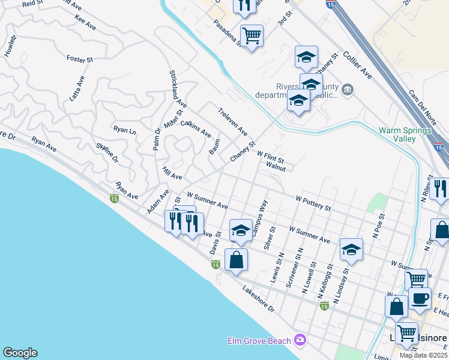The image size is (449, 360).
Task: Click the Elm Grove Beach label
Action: (259, 341)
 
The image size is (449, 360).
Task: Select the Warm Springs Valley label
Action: (405, 134)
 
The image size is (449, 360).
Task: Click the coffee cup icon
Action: (420, 298)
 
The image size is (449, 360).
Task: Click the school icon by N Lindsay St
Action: (351, 249)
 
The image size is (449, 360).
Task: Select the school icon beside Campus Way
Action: (241, 230)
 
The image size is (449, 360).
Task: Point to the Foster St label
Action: (80, 59)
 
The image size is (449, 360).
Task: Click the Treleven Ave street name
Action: (233, 121)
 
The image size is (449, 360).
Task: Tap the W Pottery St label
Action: (313, 203)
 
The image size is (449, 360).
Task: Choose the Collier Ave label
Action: (357, 65)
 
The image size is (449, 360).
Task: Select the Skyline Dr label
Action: (107, 153)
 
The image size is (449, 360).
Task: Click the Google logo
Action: (20, 353)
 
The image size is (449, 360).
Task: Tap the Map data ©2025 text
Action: (423, 355)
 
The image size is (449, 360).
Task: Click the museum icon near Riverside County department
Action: (348, 91)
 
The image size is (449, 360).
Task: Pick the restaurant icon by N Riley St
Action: (439, 188)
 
